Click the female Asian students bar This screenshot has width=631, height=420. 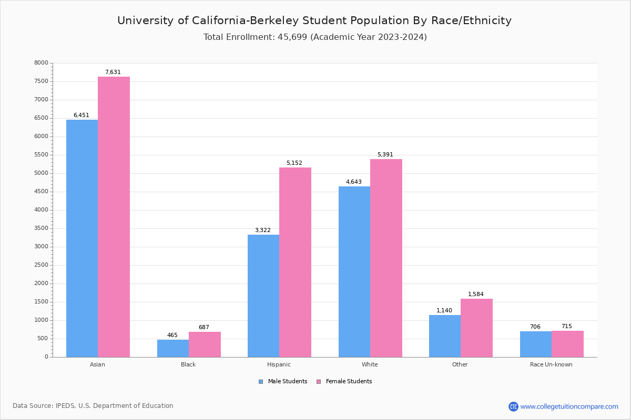pyautogui.click(x=114, y=216)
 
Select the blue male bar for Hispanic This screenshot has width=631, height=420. pyautogui.click(x=263, y=296)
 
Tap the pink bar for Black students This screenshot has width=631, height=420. pyautogui.click(x=205, y=344)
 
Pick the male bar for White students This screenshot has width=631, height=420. pyautogui.click(x=354, y=271)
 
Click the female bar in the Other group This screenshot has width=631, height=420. pyautogui.click(x=476, y=328)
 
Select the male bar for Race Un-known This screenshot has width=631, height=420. pyautogui.click(x=536, y=344)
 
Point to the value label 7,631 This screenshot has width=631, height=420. pyautogui.click(x=113, y=72)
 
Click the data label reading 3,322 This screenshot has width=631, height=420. pyautogui.click(x=263, y=230)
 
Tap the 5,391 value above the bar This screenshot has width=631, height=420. pyautogui.click(x=385, y=155)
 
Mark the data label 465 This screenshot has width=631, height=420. pyautogui.click(x=172, y=335)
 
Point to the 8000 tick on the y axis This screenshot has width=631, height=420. pyautogui.click(x=41, y=63)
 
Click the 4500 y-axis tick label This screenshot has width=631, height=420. pyautogui.click(x=41, y=192)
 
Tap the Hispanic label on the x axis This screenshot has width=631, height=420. pyautogui.click(x=279, y=364)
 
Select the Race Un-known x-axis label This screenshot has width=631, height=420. pyautogui.click(x=551, y=364)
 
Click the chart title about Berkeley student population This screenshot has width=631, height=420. pyautogui.click(x=314, y=20)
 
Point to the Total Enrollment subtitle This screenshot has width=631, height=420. pyautogui.click(x=315, y=37)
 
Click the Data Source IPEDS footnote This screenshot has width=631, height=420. pyautogui.click(x=93, y=406)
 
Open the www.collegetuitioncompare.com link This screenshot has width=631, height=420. pyautogui.click(x=569, y=406)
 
